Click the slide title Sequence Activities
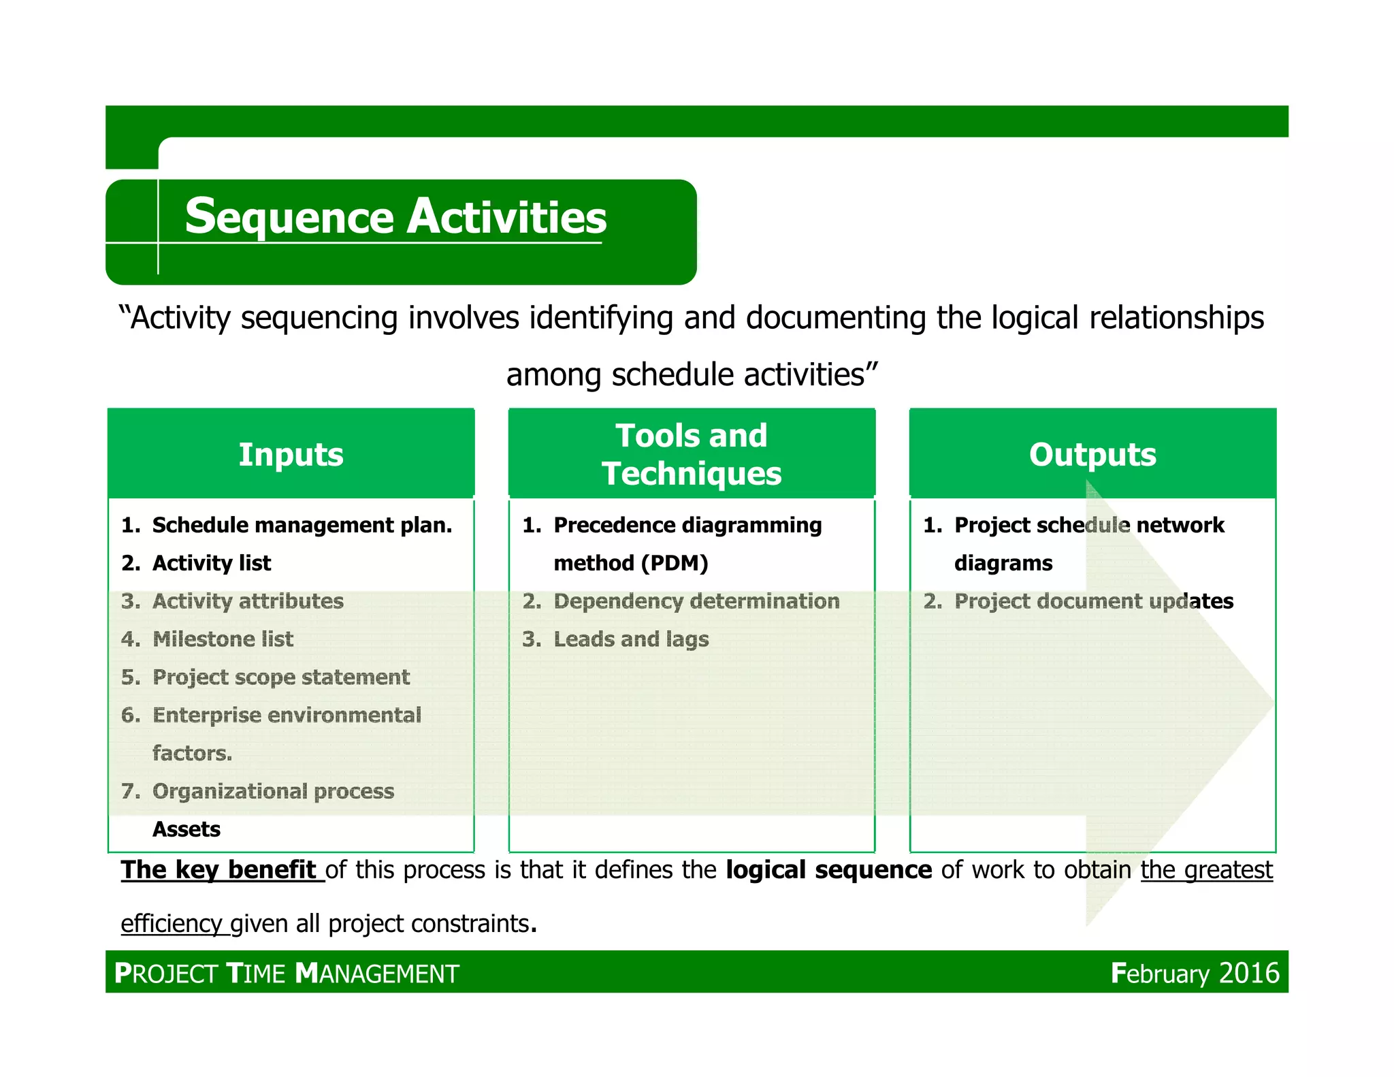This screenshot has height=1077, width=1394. click(395, 217)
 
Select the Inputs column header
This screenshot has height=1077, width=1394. click(291, 454)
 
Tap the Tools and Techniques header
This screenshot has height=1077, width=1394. click(692, 454)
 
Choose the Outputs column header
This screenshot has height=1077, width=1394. click(1092, 454)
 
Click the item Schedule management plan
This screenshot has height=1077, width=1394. click(302, 525)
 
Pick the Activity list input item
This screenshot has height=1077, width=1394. click(212, 563)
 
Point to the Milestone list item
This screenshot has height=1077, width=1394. click(223, 639)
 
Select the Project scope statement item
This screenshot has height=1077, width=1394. click(280, 677)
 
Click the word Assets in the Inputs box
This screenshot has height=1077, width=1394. click(187, 829)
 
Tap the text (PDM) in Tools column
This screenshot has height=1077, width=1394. click(674, 563)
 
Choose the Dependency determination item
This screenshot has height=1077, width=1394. click(696, 601)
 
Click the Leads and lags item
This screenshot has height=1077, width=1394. click(631, 639)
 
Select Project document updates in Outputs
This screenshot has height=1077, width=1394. click(1093, 601)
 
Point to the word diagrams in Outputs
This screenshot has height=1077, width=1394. click(1003, 563)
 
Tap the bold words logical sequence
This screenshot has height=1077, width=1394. click(828, 870)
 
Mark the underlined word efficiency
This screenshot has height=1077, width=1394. click(172, 924)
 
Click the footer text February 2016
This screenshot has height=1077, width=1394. click(1195, 973)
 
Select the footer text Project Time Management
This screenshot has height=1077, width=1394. click(287, 974)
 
